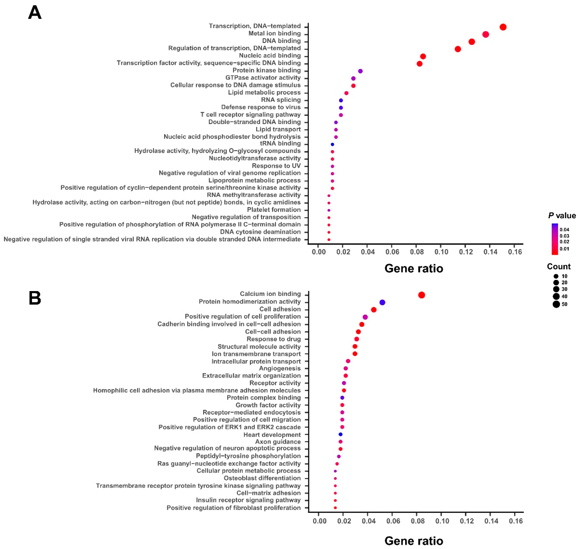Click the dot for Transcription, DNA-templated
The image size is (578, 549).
[503, 27]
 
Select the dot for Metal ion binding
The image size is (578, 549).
[485, 34]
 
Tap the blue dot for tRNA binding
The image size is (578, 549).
[332, 144]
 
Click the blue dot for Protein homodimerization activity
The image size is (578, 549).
[382, 302]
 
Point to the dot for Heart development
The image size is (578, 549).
[340, 434]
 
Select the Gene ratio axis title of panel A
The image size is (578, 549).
[414, 268]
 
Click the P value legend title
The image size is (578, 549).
[562, 216]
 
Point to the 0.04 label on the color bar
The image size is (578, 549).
[564, 229]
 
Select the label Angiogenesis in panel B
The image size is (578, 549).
[280, 368]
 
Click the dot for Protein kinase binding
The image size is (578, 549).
[360, 71]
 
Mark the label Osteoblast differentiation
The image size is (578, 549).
[262, 478]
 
